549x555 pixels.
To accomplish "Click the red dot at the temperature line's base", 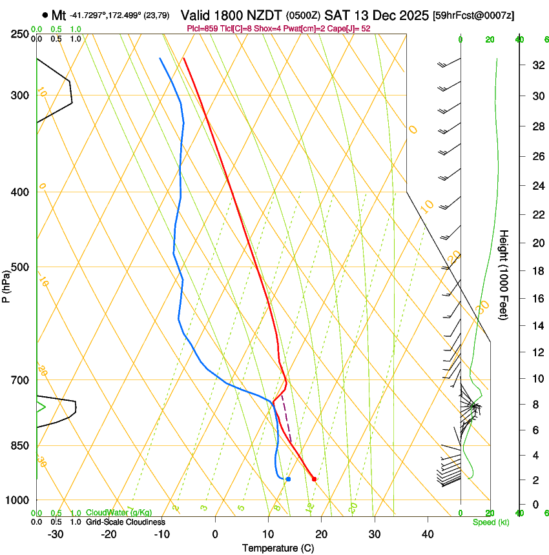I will click(x=314, y=479).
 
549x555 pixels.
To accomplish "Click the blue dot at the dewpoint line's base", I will click(x=288, y=479).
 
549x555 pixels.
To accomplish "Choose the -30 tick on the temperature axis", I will click(x=56, y=534).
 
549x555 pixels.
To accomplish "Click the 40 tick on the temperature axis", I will click(x=428, y=534).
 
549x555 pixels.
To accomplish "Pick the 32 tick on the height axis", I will click(x=536, y=65).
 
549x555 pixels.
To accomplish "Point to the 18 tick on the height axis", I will click(x=536, y=271).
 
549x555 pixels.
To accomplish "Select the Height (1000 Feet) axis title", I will click(x=504, y=274).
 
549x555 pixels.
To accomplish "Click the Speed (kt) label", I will click(x=490, y=522).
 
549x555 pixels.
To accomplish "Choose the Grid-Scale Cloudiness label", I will click(x=125, y=522).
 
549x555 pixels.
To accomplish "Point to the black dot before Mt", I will click(x=45, y=15).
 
